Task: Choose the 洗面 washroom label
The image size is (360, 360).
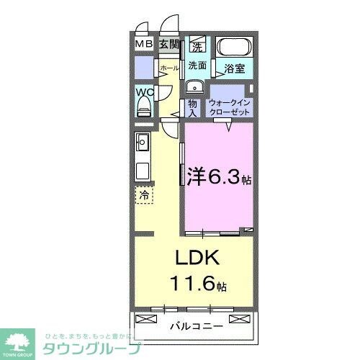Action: [x=197, y=65]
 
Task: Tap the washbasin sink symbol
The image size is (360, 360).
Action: [x=192, y=86]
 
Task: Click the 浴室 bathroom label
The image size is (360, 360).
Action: [x=234, y=69]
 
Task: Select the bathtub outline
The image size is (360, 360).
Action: [x=234, y=49]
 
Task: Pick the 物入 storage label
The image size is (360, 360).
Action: [x=192, y=107]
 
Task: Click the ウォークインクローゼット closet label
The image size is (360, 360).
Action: [x=229, y=108]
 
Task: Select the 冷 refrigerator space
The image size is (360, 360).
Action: [x=144, y=194]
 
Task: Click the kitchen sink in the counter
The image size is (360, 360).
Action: [x=142, y=143]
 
